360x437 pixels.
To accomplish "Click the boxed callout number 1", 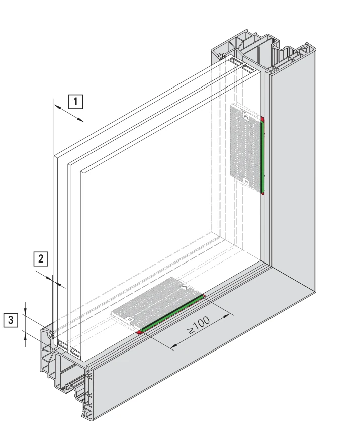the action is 76,101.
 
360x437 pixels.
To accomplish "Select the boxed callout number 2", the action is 41,259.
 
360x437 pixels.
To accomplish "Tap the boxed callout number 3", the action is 11,320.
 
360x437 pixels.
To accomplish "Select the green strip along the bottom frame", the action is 172,313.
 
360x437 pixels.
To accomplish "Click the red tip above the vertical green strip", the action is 262,119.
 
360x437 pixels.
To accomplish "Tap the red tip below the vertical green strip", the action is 263,193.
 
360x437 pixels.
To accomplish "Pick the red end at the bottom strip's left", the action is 139,332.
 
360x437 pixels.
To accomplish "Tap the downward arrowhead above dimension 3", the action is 25,311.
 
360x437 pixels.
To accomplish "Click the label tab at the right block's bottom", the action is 246,181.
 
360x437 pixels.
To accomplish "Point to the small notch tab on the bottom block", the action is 184,287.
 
